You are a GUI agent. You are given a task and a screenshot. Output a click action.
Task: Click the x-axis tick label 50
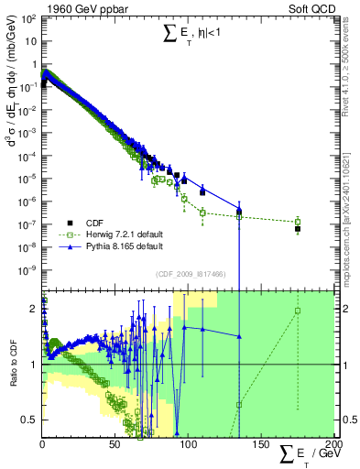coord(114,444)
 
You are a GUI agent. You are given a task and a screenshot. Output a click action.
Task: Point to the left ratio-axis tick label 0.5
coord(30,420)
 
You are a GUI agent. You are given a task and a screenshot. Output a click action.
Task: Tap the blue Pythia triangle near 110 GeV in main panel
coord(202,191)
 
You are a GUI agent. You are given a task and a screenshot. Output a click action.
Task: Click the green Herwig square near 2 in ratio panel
coord(298,311)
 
